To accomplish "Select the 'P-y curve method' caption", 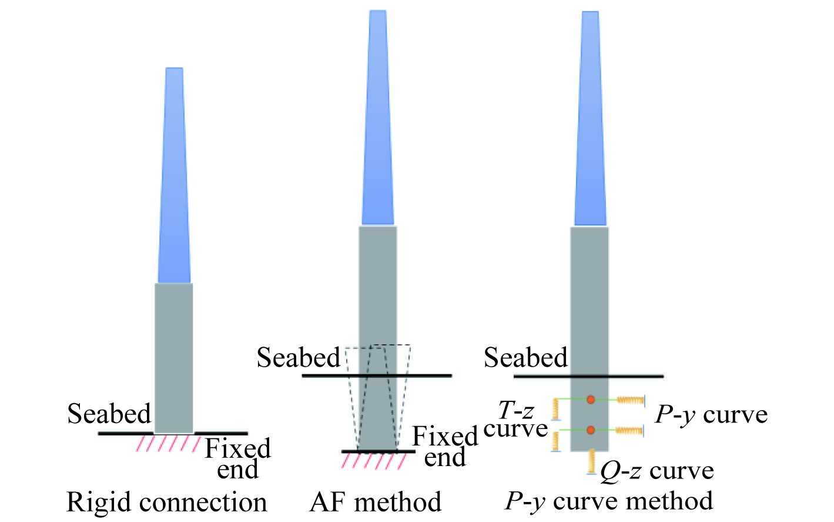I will [609, 501].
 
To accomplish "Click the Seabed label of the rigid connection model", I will [109, 414].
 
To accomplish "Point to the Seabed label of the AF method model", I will [299, 358].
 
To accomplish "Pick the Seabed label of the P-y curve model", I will [526, 358].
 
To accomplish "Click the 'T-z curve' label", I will [515, 419].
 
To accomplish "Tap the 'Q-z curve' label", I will [657, 471].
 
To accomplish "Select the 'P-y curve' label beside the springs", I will [711, 415].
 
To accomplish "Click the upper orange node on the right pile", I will [591, 400].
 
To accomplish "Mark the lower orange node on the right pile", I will [591, 430].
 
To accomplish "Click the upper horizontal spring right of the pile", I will [630, 400].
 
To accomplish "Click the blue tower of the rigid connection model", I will [174, 177].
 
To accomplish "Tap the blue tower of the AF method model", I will [378, 118].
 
